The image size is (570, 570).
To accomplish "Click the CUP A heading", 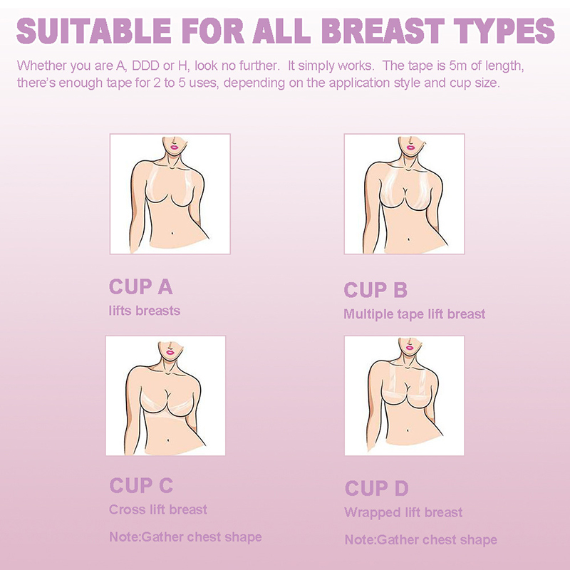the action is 140,287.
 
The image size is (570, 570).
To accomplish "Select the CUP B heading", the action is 375,290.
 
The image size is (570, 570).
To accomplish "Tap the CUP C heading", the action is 141,485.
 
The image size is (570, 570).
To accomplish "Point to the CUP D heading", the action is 377,488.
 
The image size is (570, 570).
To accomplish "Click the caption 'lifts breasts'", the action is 145,311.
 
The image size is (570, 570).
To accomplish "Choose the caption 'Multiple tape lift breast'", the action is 415,314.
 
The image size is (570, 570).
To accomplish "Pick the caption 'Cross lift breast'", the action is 158,509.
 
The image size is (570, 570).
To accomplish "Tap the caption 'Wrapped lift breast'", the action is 403,512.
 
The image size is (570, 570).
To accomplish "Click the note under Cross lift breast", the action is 185,537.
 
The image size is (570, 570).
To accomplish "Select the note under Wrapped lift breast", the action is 421,540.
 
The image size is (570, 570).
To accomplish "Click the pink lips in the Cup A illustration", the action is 174,147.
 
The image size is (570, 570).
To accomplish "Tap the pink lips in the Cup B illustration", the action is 411,147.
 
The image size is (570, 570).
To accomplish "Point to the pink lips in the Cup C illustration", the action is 170,351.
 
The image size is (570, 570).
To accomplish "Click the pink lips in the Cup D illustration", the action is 410,348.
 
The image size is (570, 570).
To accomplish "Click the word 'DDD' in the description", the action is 145,66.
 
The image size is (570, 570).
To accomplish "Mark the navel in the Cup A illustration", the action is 172,233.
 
